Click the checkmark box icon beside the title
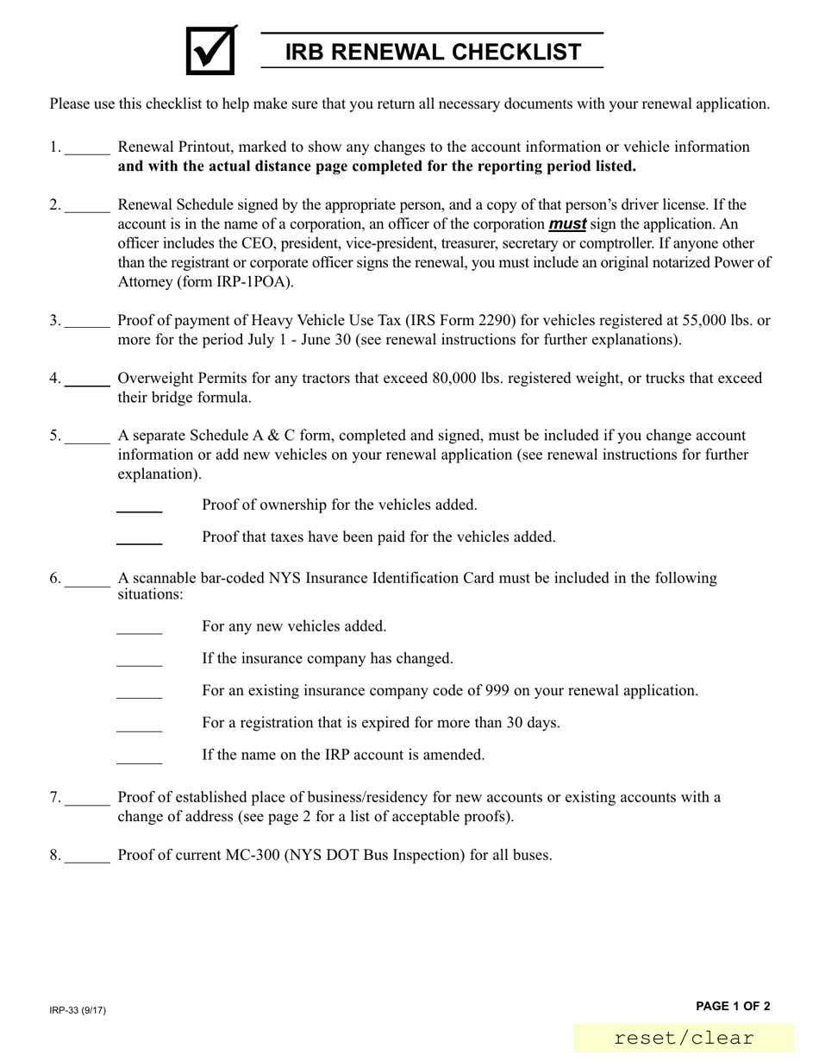[x=210, y=51]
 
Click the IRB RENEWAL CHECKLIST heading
[x=433, y=52]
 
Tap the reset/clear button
[x=684, y=1039]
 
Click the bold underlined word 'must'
[x=567, y=224]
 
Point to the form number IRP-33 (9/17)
[x=78, y=1010]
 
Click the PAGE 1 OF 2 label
[x=733, y=1006]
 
